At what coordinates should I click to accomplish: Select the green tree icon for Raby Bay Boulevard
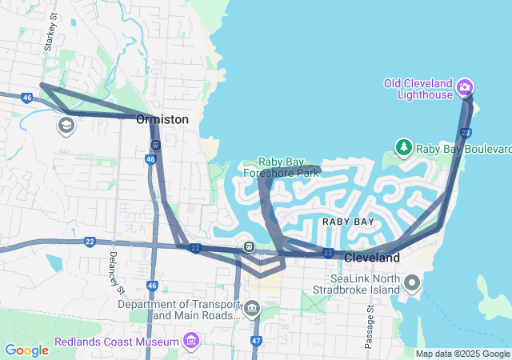tap(404, 148)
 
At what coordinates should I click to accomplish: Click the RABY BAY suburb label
tap(348, 221)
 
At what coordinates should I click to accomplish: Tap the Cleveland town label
tap(372, 258)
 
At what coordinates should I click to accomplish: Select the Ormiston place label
tap(162, 119)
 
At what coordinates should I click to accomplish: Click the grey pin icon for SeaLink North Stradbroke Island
tap(412, 282)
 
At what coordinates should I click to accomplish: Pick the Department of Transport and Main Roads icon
tap(252, 308)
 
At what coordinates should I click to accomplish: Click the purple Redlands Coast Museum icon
tap(190, 342)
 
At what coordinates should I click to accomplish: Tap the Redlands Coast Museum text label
tap(117, 342)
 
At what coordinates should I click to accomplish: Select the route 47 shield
tap(256, 340)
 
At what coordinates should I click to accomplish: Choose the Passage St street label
tap(369, 326)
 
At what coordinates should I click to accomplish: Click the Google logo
tap(26, 350)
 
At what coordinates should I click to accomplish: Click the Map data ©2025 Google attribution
tap(462, 354)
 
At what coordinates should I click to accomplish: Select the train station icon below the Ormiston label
tap(154, 145)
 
